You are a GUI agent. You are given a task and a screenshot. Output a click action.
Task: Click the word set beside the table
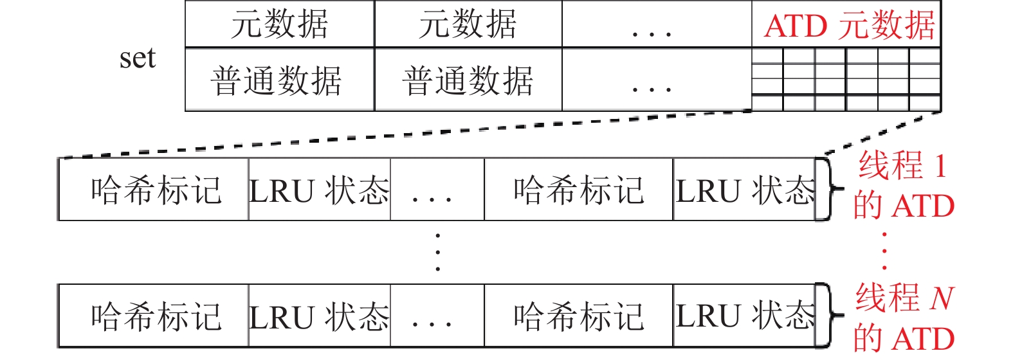[x=137, y=58]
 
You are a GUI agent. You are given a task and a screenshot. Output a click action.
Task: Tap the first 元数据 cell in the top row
[x=280, y=24]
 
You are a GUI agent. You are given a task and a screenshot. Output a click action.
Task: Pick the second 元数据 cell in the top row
[x=468, y=24]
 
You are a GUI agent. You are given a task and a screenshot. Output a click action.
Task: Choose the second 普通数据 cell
[x=468, y=81]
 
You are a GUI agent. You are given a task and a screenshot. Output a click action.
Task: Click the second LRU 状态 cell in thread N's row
[x=745, y=316]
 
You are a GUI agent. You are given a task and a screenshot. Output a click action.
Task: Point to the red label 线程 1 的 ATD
[x=903, y=185]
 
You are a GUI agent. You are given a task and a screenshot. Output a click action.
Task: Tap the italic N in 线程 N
[x=941, y=298]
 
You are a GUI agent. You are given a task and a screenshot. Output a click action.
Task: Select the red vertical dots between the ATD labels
[x=885, y=251]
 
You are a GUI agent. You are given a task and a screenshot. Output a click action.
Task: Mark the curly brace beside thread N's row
[x=828, y=316]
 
